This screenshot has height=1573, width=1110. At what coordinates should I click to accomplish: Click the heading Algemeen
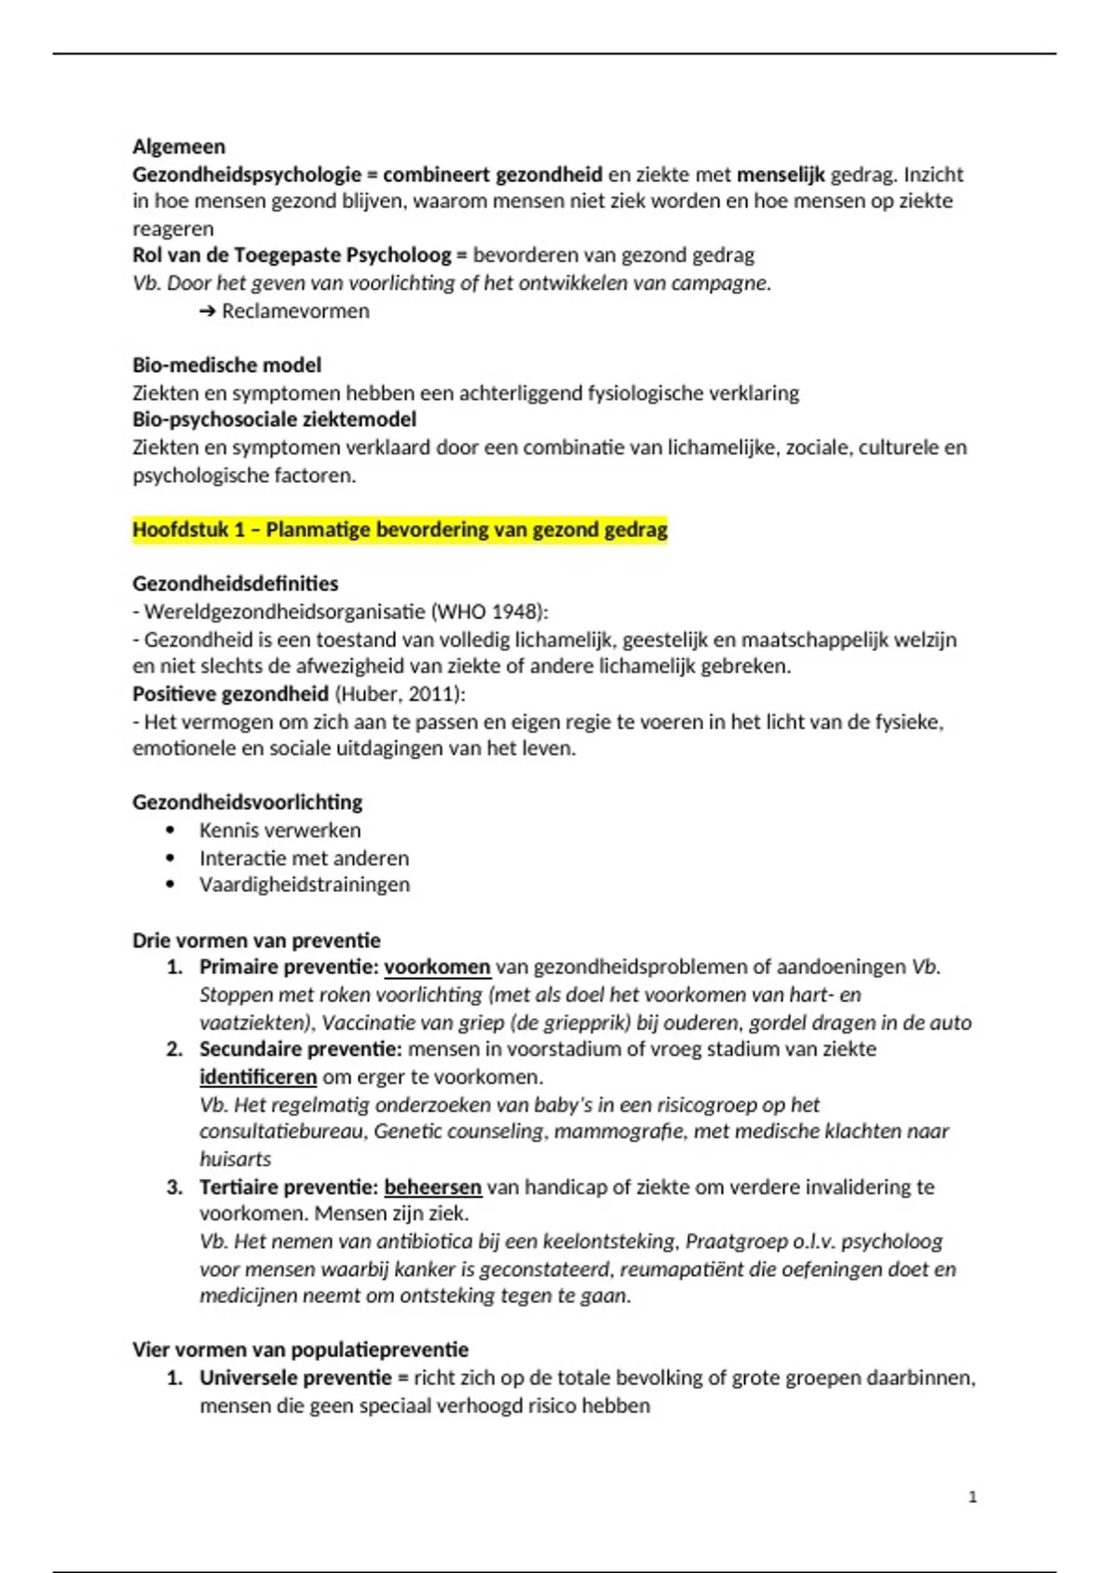click(179, 146)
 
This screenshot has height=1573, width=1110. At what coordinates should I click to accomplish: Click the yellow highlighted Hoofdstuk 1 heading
click(400, 530)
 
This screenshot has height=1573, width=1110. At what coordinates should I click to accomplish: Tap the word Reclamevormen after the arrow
click(295, 311)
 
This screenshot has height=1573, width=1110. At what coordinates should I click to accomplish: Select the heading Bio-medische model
click(227, 365)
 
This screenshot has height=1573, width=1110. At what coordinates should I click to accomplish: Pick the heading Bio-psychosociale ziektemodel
click(274, 419)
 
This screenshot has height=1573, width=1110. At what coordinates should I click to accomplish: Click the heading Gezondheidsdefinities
click(235, 584)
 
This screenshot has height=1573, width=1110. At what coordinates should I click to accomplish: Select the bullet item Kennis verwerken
click(279, 830)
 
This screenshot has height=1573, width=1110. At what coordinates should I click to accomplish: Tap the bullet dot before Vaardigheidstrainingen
click(169, 885)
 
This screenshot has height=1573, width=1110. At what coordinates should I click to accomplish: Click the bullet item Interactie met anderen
click(303, 858)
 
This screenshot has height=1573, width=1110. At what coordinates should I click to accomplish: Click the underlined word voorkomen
click(437, 967)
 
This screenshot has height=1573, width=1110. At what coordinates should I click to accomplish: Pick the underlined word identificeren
click(258, 1077)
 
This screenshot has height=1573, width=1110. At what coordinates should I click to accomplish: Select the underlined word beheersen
click(432, 1186)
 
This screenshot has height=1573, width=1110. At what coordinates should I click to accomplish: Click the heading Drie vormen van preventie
click(256, 940)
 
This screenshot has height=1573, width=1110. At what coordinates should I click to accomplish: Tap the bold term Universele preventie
click(295, 1378)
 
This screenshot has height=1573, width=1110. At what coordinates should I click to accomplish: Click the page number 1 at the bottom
click(972, 1497)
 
